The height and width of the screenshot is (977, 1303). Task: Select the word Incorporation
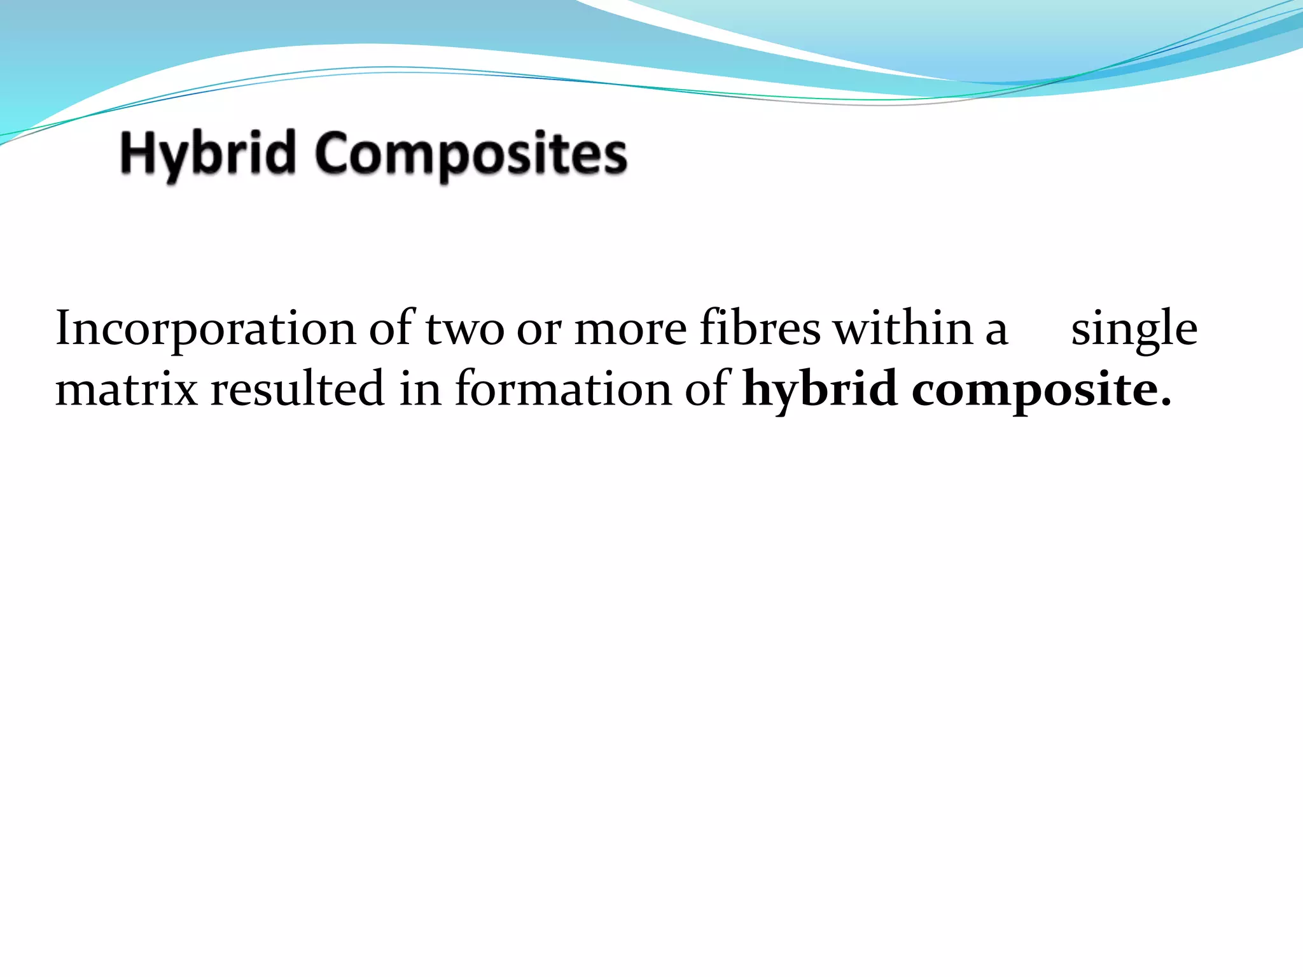(206, 329)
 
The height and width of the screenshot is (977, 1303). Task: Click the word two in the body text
(464, 329)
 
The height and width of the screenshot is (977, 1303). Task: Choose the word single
(1134, 329)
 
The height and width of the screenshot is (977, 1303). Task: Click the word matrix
(127, 389)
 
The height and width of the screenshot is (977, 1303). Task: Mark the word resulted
(297, 388)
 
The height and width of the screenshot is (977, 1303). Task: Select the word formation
(562, 388)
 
